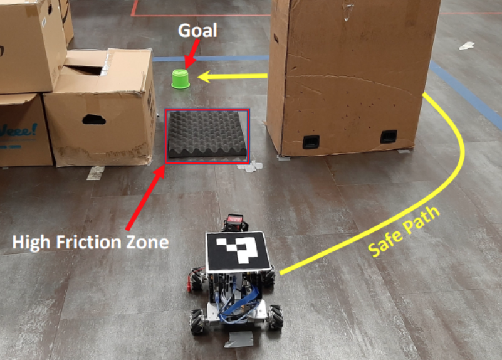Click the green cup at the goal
click(180, 79)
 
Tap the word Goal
click(197, 31)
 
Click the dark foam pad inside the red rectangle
click(207, 134)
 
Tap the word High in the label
click(31, 243)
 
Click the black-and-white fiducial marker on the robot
click(239, 251)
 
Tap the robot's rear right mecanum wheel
click(276, 317)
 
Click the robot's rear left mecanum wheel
click(198, 322)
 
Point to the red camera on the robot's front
click(235, 223)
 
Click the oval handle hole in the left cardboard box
click(94, 119)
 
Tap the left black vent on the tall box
click(311, 142)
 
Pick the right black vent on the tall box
click(389, 137)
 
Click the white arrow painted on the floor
click(467, 46)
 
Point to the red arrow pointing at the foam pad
click(145, 198)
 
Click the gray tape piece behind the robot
click(239, 339)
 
